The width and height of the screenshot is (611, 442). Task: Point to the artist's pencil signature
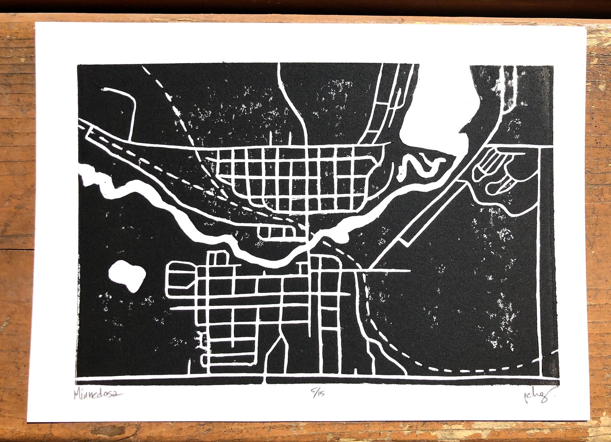534,396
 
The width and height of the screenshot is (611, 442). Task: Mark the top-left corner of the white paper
36,22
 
